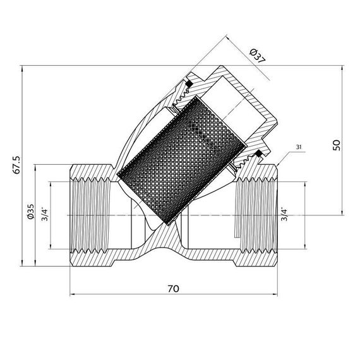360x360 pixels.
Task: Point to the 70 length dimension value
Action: [x=173, y=289]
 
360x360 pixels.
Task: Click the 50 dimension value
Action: [x=337, y=145]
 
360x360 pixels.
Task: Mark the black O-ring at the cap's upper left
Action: [x=188, y=83]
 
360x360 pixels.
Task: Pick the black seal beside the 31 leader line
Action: [x=258, y=154]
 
